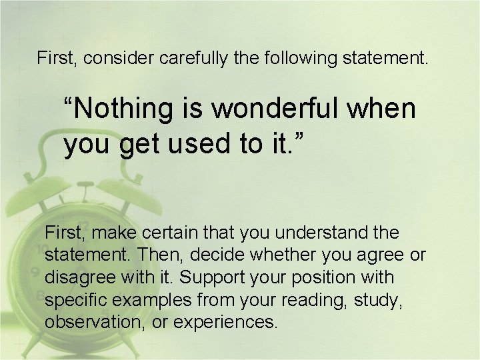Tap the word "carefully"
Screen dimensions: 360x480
tap(195, 58)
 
